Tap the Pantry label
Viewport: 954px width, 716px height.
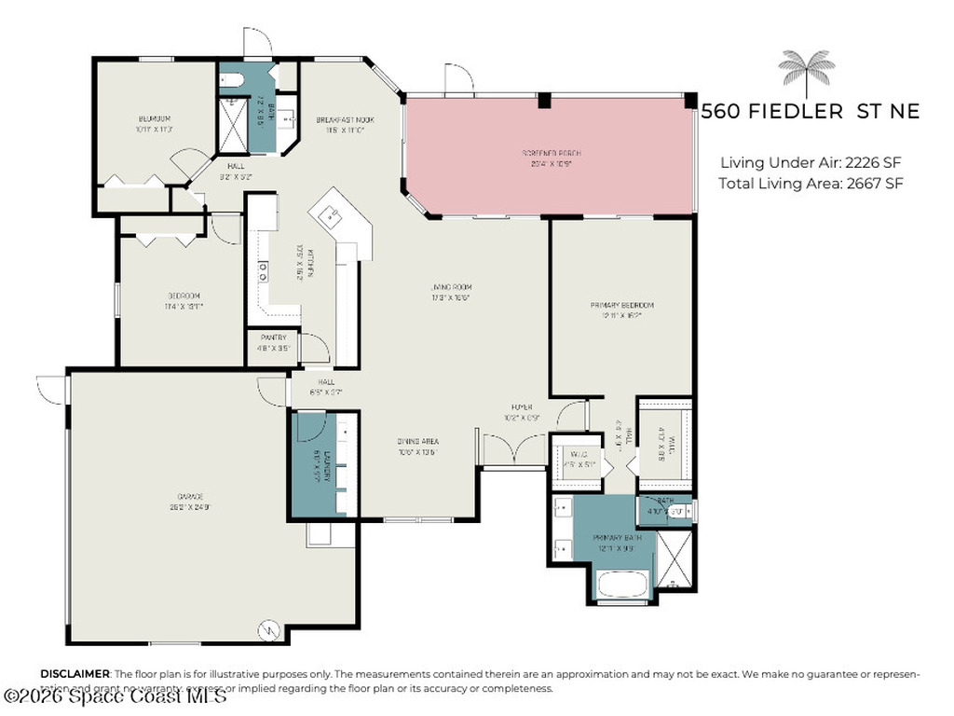[x=273, y=341]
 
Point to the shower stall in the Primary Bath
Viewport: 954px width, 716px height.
[x=675, y=559]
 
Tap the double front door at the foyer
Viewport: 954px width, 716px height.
[x=512, y=451]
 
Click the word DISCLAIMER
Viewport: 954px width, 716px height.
[x=75, y=673]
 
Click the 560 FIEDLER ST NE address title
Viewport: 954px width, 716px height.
[x=810, y=112]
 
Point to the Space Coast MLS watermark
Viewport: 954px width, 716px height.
[x=116, y=695]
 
